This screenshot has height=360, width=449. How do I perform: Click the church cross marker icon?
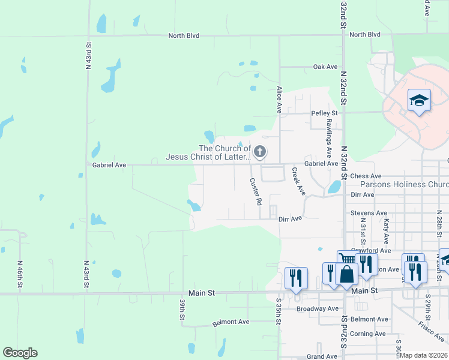coord(260,152)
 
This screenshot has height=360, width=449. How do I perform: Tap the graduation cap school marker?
coord(419,100)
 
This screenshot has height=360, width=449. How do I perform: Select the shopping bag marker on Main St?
coord(348,275)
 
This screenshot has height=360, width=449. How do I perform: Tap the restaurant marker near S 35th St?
coord(296,278)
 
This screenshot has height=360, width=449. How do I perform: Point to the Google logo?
coord(20,353)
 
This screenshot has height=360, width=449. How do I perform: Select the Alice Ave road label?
coord(279,99)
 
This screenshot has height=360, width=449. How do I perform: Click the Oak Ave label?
coord(325,67)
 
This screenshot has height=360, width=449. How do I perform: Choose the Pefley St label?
coord(324,113)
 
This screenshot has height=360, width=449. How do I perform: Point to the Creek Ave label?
coord(298,181)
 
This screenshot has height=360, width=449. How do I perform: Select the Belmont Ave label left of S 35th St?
coord(231,322)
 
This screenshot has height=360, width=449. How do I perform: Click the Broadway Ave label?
coord(318,308)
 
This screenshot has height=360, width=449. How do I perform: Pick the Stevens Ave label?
coord(369,213)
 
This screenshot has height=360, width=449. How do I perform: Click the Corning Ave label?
coord(368,334)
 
